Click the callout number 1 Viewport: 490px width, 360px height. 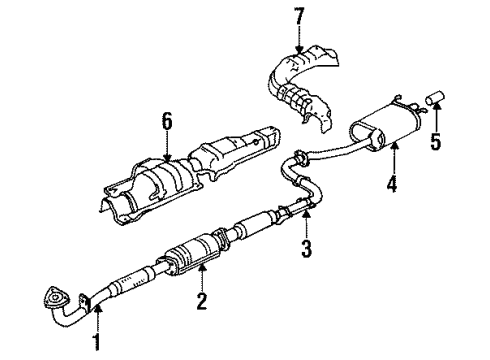tap(98, 345)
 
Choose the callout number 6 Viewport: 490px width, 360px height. tap(168, 122)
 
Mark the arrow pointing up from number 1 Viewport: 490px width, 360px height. tap(98, 310)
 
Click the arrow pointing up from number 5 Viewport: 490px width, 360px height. tap(435, 112)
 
